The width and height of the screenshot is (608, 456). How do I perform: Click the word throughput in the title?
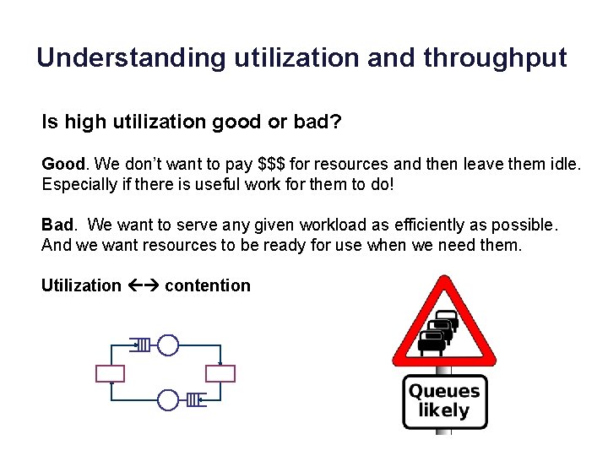tap(496, 57)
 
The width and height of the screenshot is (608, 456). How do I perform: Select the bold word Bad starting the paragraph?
tap(58, 225)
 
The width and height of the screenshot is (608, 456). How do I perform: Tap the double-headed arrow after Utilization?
tap(143, 285)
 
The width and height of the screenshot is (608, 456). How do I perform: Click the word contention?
tap(208, 285)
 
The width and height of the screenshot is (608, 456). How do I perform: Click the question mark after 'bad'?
tap(335, 122)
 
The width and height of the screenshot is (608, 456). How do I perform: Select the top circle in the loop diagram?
tap(169, 345)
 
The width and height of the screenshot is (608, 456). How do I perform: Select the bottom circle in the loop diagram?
tap(169, 399)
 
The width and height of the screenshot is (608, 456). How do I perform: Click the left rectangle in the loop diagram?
tap(111, 373)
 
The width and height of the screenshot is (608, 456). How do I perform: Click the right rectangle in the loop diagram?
tap(221, 373)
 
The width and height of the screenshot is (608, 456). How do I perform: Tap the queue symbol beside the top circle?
tap(142, 345)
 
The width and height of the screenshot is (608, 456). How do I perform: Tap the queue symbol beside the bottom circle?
tap(194, 399)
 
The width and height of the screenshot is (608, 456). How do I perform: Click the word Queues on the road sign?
tap(444, 391)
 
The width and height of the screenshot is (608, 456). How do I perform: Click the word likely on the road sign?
tap(444, 411)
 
